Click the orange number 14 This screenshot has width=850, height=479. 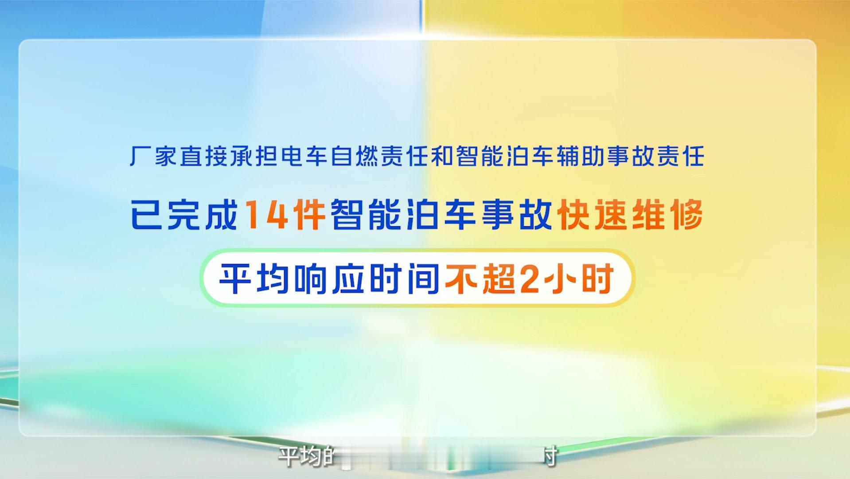pyautogui.click(x=265, y=215)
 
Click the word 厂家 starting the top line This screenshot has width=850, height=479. pyautogui.click(x=153, y=157)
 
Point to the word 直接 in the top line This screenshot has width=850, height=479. pyautogui.click(x=204, y=157)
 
